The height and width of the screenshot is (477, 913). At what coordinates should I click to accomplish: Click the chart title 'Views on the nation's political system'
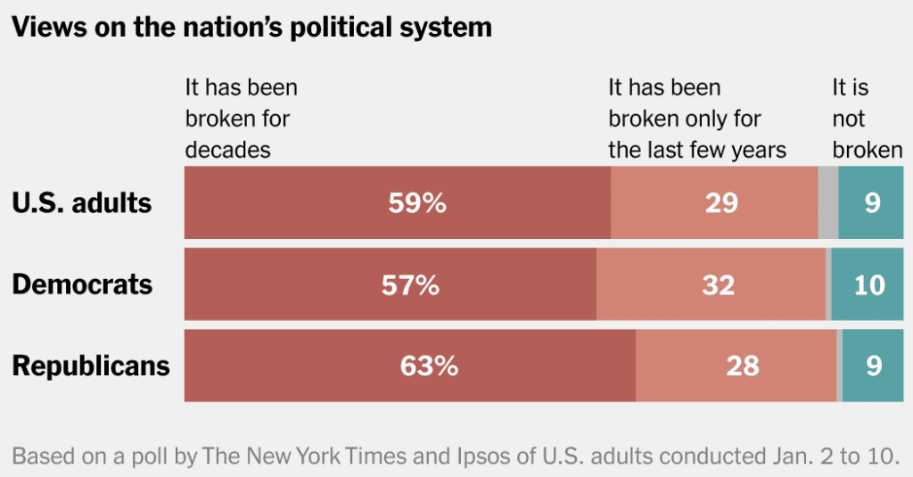(x=251, y=27)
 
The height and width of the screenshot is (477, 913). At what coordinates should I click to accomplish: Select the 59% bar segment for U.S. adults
(x=397, y=202)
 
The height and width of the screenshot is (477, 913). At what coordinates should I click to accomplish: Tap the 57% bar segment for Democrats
(x=390, y=284)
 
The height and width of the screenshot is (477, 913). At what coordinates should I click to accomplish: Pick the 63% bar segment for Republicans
(x=409, y=366)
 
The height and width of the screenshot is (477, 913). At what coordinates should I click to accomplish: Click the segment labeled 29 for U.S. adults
(x=714, y=202)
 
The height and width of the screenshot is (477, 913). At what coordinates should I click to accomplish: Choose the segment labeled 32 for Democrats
(x=711, y=284)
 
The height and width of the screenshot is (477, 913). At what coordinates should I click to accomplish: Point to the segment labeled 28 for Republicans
(x=736, y=366)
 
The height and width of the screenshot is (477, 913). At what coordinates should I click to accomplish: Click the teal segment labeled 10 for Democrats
(x=869, y=284)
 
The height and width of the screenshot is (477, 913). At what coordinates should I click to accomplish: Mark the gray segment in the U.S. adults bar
(x=827, y=202)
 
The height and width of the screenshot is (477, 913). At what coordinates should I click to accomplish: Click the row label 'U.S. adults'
(x=82, y=203)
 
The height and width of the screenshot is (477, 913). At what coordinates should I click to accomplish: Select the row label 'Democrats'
(x=82, y=284)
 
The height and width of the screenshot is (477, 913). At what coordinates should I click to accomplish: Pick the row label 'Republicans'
(x=90, y=366)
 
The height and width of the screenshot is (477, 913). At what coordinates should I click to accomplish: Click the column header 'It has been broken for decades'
(x=241, y=119)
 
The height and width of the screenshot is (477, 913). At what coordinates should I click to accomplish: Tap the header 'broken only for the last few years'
(x=696, y=119)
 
